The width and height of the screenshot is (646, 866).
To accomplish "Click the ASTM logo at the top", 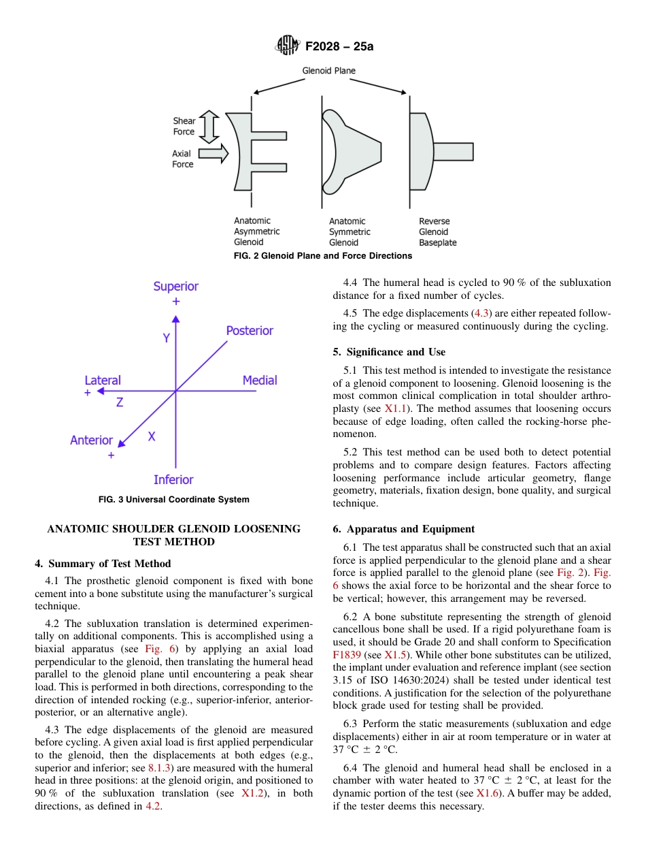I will click(x=287, y=46).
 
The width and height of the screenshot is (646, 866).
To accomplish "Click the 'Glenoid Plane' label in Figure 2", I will click(x=328, y=71).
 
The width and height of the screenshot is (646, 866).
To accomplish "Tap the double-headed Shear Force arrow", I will click(x=209, y=126).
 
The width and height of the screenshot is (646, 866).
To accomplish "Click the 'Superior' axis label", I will click(x=175, y=287).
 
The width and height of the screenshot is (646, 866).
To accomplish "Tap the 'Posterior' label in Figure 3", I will click(x=250, y=331).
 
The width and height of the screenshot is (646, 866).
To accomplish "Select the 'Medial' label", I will click(x=260, y=381).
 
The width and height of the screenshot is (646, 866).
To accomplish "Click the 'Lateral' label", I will click(x=103, y=381).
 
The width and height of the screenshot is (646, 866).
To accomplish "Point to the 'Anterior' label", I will click(x=91, y=440).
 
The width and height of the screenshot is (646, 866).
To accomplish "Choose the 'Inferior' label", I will click(x=173, y=480).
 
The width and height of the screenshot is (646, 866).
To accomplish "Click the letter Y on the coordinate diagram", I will click(x=166, y=338).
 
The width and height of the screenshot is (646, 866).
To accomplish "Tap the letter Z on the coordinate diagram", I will click(x=120, y=402).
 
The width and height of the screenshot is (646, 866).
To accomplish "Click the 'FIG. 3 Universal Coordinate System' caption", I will click(x=173, y=500).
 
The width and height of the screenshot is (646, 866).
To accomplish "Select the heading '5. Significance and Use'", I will click(x=389, y=352).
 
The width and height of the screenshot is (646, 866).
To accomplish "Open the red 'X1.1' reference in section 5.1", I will click(x=394, y=408).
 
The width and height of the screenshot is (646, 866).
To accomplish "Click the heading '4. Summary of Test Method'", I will click(x=103, y=564).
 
